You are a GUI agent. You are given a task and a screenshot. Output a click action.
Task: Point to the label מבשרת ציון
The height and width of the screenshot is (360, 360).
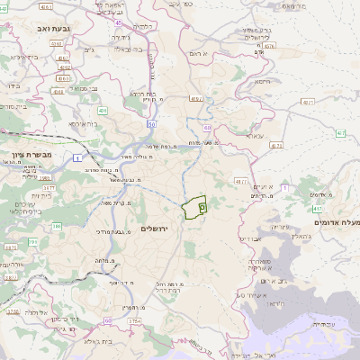pyautogui.click(x=22, y=155)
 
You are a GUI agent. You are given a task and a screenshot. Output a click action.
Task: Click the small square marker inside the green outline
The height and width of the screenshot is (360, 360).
pyautogui.click(x=201, y=207)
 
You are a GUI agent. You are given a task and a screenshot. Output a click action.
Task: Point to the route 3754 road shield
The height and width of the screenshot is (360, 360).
pyautogui.click(x=136, y=319)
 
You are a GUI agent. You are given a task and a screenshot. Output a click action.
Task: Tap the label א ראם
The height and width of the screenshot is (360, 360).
pyautogui.click(x=199, y=55)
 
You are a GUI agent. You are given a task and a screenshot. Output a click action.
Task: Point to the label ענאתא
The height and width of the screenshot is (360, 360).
pyautogui.click(x=255, y=136)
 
